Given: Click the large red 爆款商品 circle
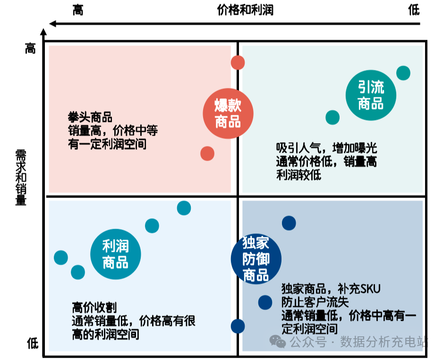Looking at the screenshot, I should (x=228, y=114).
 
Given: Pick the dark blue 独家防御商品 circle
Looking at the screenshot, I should (x=256, y=258).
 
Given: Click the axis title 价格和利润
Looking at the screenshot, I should (x=245, y=10).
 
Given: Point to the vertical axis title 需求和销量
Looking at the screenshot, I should (x=21, y=177).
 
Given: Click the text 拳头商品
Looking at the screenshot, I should (x=90, y=117).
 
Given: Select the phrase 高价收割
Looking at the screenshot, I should (x=94, y=308).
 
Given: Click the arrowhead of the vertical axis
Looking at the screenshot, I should (x=43, y=33).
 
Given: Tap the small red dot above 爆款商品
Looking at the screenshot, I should (x=238, y=62).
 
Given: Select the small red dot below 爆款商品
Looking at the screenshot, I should (x=207, y=153).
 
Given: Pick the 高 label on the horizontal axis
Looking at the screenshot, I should (x=78, y=10).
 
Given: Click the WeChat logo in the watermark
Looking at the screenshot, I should (x=278, y=341).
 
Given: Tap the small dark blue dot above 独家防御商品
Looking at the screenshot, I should (x=289, y=223).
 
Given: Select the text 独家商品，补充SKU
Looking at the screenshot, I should (x=331, y=288).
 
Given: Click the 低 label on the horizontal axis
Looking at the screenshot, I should (x=414, y=10).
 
